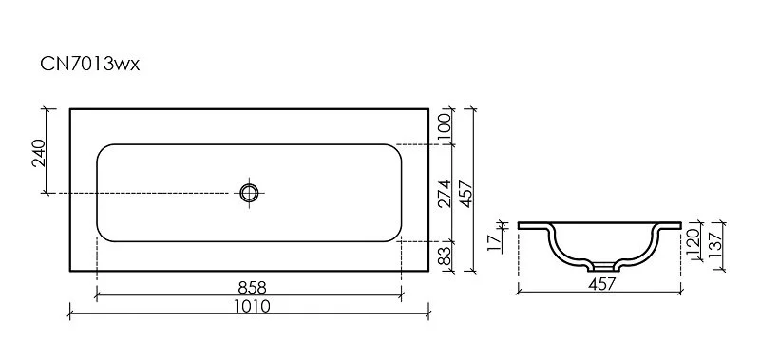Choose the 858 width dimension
click(250, 286)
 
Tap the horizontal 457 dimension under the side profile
click(599, 283)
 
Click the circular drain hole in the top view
click(250, 193)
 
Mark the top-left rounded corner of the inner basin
click(103, 150)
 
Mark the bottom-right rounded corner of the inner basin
click(396, 235)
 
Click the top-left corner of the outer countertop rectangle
click(70, 107)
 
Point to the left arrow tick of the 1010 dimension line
click(70, 313)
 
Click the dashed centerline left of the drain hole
click(142, 193)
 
